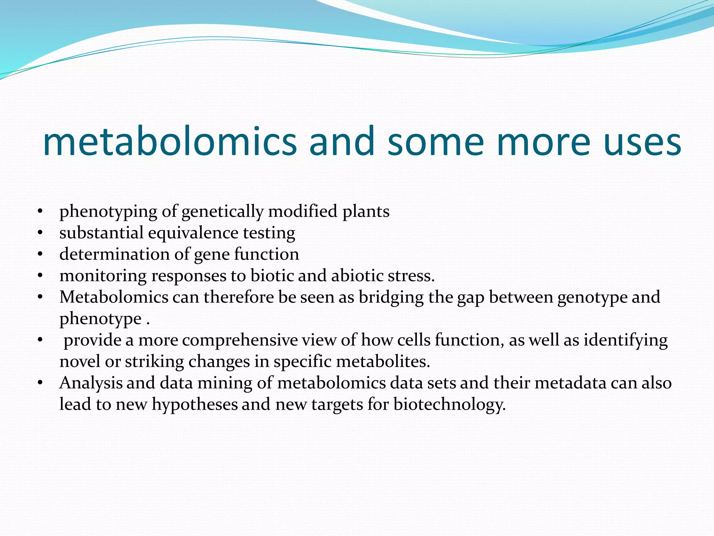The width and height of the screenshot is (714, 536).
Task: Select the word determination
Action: tap(115, 254)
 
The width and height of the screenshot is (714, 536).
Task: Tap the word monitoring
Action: tap(103, 276)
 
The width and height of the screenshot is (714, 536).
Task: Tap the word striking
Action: tap(154, 362)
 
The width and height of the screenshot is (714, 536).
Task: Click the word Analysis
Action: tap(91, 383)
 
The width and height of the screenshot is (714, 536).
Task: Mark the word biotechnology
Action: tap(449, 405)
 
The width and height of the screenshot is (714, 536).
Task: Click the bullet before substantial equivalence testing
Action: tap(40, 233)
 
